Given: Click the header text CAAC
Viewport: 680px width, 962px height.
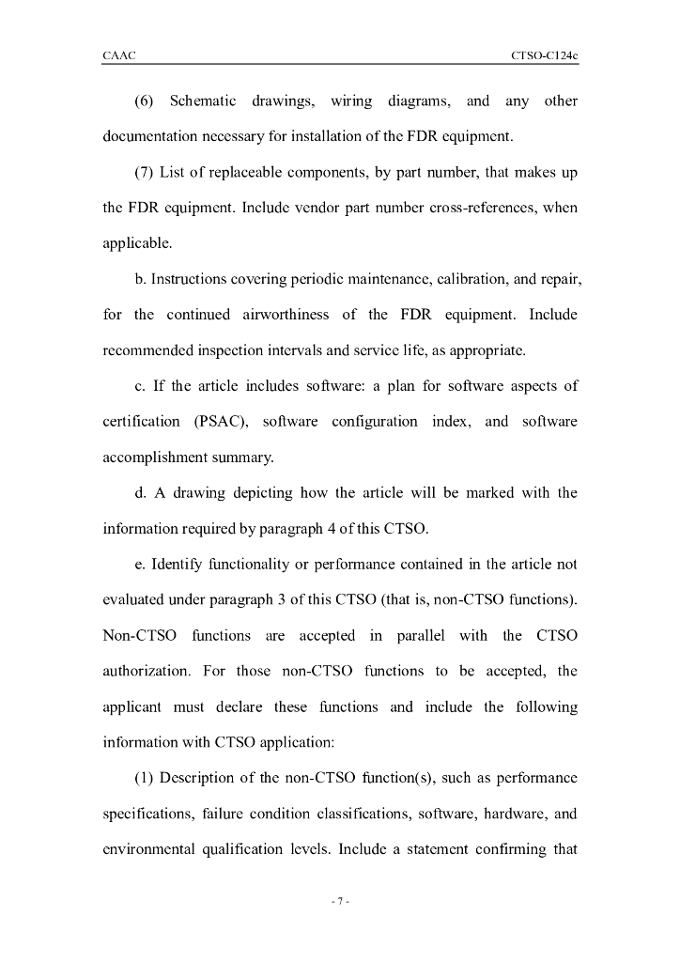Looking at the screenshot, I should pyautogui.click(x=118, y=56).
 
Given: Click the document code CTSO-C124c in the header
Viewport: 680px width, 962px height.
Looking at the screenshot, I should pyautogui.click(x=544, y=56).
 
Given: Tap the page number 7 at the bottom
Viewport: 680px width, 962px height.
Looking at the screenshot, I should pyautogui.click(x=339, y=902).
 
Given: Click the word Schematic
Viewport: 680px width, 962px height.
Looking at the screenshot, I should pyautogui.click(x=202, y=101).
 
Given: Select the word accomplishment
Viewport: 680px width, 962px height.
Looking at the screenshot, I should pyautogui.click(x=156, y=458).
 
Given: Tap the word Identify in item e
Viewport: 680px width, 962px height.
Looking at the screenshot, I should pyautogui.click(x=178, y=565).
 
